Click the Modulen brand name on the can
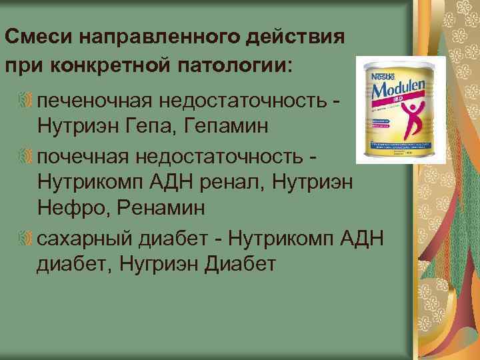click(x=399, y=92)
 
